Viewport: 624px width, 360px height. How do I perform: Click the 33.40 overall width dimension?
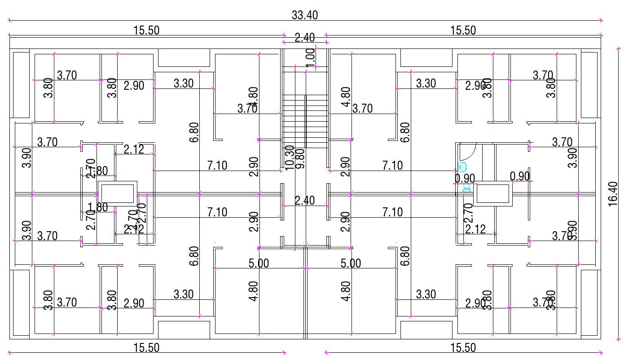click(304, 15)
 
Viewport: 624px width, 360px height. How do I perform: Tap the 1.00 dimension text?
click(310, 57)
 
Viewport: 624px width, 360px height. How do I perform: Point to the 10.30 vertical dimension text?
click(290, 157)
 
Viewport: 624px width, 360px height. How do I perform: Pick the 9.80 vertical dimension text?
click(300, 158)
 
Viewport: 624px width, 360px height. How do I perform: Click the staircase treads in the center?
click(305, 121)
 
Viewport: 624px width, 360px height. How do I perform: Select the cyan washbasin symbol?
click(463, 168)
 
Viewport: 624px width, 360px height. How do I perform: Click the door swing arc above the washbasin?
click(469, 151)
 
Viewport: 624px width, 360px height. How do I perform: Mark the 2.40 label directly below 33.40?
click(304, 38)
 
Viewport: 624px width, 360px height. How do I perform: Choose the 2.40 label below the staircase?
click(304, 200)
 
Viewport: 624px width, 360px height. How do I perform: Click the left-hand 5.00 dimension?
click(259, 263)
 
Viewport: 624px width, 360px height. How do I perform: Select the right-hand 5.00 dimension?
click(351, 263)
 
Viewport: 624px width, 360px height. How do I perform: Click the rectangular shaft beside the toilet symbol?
click(494, 194)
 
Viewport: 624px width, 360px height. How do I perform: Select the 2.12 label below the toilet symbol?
click(475, 229)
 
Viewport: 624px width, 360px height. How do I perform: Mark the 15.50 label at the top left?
click(146, 31)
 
